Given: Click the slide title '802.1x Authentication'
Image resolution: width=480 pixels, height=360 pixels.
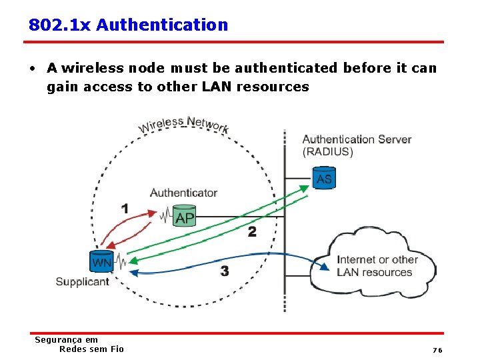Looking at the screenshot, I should click(x=128, y=25).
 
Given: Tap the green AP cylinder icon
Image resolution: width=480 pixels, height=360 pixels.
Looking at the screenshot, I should click(x=184, y=216).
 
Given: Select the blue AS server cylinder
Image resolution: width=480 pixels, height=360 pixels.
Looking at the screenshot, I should click(x=324, y=178).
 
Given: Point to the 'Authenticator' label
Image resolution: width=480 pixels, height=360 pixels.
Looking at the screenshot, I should click(x=183, y=193).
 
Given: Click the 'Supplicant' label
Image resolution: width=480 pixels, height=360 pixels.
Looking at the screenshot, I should click(x=82, y=282).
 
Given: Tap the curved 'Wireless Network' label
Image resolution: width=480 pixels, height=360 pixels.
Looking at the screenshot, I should click(x=183, y=124).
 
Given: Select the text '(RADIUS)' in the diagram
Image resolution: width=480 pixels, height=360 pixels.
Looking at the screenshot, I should click(x=328, y=152).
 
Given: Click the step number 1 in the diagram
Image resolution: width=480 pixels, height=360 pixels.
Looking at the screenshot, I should click(x=125, y=209).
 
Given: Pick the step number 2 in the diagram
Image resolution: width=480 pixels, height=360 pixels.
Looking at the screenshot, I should click(x=252, y=232).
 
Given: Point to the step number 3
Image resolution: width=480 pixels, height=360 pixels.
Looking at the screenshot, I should click(x=225, y=271).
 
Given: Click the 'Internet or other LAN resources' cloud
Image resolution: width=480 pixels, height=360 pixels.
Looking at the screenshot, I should click(x=377, y=265).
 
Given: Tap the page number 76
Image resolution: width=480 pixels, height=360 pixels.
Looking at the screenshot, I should click(x=437, y=350).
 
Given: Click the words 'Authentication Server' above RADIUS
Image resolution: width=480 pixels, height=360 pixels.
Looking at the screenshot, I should click(x=357, y=139).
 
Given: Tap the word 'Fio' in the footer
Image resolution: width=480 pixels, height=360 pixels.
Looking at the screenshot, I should click(x=117, y=349).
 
